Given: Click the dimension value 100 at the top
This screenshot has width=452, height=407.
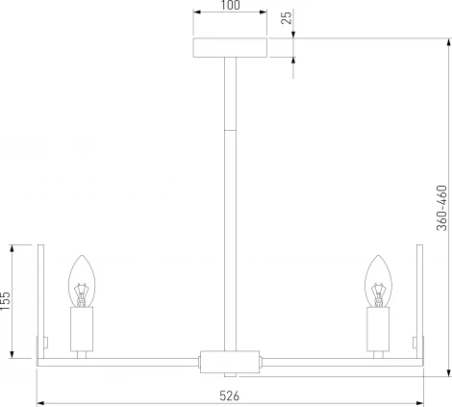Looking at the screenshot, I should pyautogui.click(x=229, y=7).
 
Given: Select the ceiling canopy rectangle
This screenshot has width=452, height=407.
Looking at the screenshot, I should pyautogui.click(x=229, y=48).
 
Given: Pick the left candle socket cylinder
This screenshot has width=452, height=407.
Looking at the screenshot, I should pyautogui.click(x=84, y=329).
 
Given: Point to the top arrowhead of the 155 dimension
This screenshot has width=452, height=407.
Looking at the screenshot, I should pyautogui.click(x=13, y=247).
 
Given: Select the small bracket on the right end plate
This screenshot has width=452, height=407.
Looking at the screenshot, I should pyautogui.click(x=414, y=342).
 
